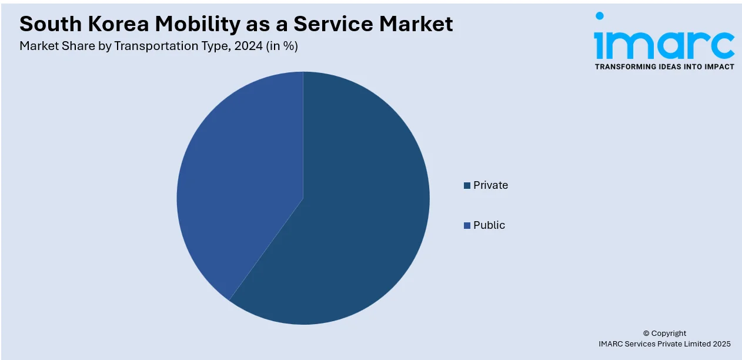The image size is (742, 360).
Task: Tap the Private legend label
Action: (x=490, y=185)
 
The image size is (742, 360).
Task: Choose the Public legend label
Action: (x=489, y=225)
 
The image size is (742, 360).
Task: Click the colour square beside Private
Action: (x=467, y=185)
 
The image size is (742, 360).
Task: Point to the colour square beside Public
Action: (x=467, y=225)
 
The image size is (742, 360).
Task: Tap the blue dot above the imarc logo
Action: (x=599, y=16)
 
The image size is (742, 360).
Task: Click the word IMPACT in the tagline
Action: (x=718, y=66)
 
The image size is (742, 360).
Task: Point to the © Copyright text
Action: (x=664, y=333)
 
